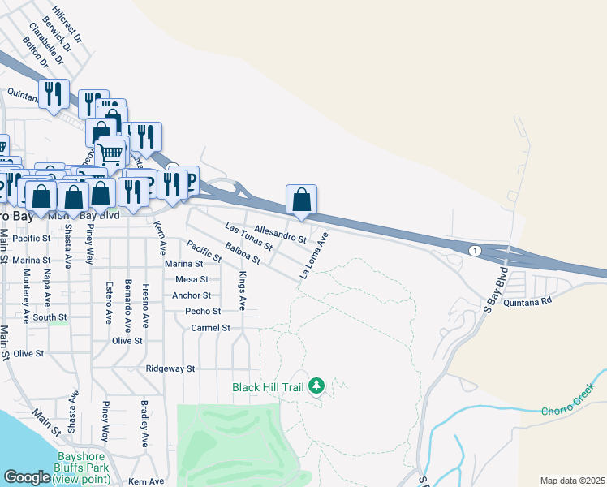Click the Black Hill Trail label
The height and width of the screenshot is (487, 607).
[268, 387]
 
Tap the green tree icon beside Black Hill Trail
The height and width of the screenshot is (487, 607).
[317, 386]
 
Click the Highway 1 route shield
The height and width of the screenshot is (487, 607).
[473, 251]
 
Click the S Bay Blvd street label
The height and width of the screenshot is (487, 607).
[494, 289]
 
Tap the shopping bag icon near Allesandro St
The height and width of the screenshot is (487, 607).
[301, 199]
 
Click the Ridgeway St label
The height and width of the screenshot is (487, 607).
[170, 368]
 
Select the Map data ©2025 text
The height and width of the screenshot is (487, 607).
[571, 481]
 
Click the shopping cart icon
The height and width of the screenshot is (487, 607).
[110, 152]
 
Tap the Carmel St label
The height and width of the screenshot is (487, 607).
[211, 328]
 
